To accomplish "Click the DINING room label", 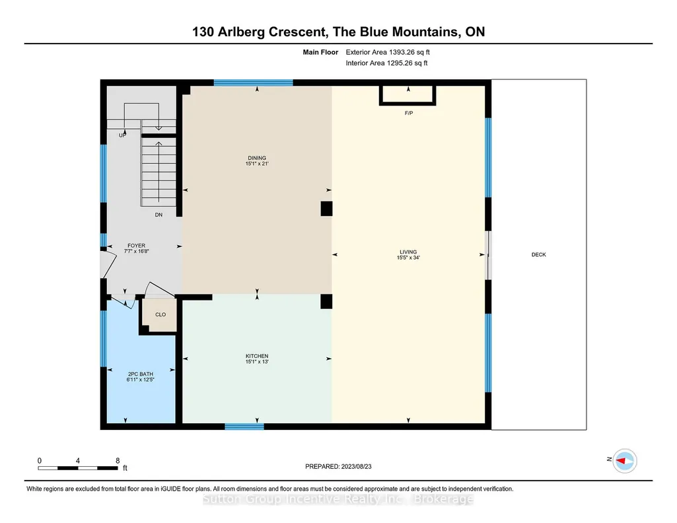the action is pos(257,158).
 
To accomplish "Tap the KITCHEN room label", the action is pos(257,356).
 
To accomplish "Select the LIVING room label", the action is pos(408,252).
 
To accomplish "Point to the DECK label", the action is pos(538,255).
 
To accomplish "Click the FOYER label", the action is pos(137,246).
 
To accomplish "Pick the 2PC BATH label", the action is pos(140,374).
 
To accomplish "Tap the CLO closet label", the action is pos(160,314).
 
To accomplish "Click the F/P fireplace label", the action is pos(408,113).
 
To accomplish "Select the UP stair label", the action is pos(123,135).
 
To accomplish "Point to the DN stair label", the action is pos(159,215).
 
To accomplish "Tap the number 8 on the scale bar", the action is pos(118,461).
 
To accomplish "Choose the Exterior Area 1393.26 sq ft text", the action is pos(388,52).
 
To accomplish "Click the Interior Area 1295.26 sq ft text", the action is pos(386,63).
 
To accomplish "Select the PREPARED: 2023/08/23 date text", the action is pos(338,466).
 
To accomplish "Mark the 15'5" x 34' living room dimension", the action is pos(408,258).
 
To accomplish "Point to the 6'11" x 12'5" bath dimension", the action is pos(140,380).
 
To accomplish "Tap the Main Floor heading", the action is pos(320,52).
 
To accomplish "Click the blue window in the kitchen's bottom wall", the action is pos(244,427).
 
